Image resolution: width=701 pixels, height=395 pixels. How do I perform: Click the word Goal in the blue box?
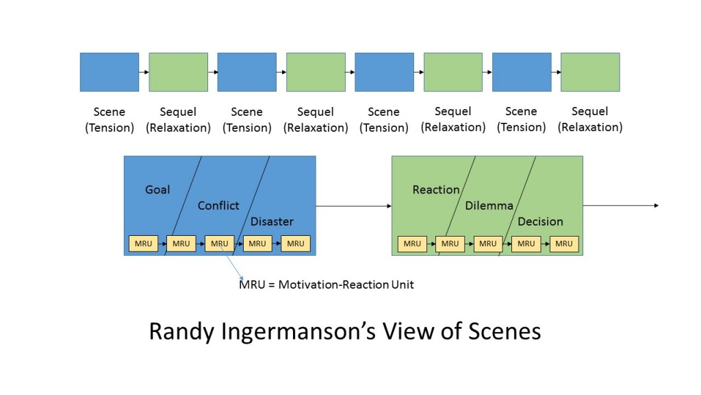point(157,189)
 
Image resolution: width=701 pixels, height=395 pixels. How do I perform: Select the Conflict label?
point(218,206)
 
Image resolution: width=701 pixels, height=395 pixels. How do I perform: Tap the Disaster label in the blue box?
point(272,222)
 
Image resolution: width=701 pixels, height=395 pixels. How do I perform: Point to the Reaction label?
point(436,189)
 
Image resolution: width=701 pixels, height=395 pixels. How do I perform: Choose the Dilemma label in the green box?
point(489,206)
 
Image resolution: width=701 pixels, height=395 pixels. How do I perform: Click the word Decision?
point(540,222)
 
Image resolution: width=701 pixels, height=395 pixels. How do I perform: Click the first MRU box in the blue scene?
point(143,243)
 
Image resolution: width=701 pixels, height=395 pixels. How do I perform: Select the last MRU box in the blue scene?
point(296,243)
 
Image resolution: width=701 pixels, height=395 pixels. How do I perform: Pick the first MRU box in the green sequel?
point(412,243)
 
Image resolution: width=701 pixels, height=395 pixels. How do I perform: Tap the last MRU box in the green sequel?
point(564,243)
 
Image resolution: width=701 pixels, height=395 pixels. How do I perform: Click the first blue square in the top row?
point(110,72)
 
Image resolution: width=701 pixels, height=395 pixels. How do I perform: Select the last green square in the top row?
point(590,72)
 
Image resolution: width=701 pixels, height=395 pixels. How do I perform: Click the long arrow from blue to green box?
point(353,206)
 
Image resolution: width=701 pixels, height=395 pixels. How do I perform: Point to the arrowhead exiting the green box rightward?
point(656,206)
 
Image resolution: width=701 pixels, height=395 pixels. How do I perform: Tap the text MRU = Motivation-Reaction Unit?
point(326,284)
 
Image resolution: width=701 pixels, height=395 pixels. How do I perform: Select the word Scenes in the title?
point(503,332)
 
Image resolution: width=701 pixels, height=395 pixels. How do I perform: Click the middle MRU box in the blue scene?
point(219,243)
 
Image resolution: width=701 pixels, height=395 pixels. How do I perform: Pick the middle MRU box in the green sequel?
point(488,243)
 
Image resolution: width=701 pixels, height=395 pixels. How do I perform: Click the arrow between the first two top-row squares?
point(144,72)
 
